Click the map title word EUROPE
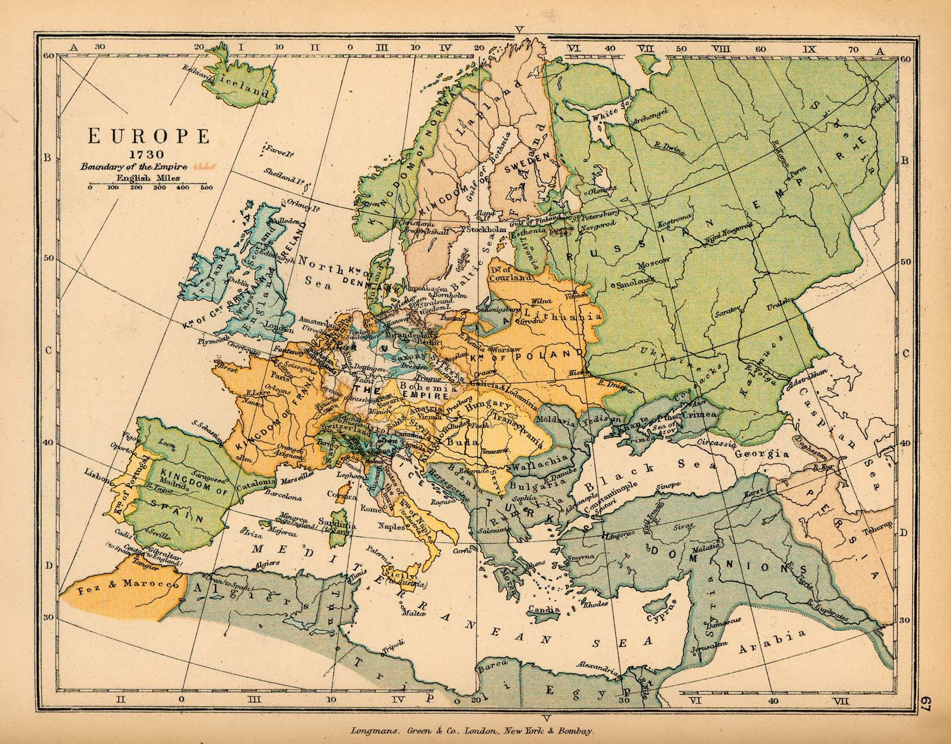click(149, 136)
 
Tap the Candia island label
click(543, 610)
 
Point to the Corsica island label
click(342, 496)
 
